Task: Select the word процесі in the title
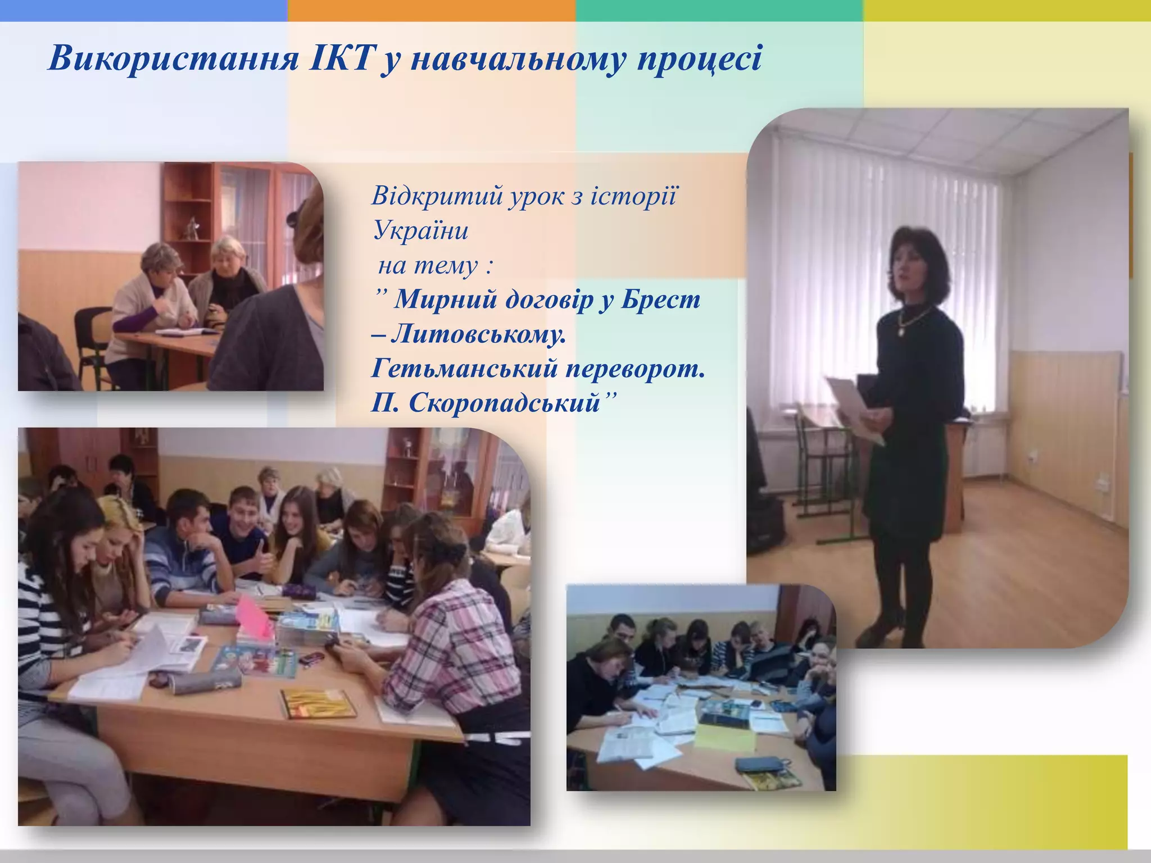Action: [x=699, y=59]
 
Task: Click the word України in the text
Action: [x=420, y=230]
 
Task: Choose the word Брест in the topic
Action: [x=661, y=299]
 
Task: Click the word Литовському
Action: [x=478, y=334]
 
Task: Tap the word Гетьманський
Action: [x=463, y=369]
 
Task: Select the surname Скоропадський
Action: [x=504, y=403]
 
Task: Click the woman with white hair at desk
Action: [x=230, y=275]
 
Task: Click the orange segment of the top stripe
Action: [x=431, y=10]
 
